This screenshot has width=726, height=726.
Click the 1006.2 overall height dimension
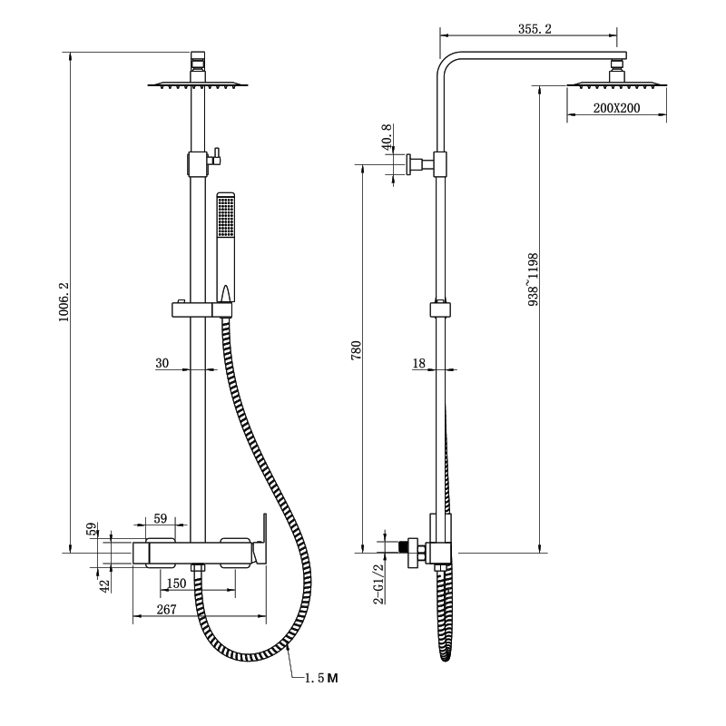[64, 301]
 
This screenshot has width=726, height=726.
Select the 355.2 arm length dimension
[535, 29]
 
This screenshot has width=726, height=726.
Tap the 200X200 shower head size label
[617, 108]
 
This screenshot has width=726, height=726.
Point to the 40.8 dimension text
[388, 137]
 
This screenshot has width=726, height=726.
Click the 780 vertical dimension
[356, 350]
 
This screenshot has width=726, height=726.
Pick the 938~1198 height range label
[534, 280]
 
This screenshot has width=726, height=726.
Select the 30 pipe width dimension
[162, 363]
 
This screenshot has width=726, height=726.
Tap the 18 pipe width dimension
[418, 363]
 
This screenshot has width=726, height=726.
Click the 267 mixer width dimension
[166, 609]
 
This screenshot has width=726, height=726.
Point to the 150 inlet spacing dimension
[176, 584]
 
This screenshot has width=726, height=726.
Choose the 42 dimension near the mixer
[104, 585]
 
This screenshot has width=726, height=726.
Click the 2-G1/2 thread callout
[378, 584]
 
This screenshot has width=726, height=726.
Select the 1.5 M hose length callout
[321, 678]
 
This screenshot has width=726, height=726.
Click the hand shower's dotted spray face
[226, 217]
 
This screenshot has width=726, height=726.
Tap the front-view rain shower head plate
[198, 84]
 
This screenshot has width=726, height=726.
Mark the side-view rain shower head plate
[617, 84]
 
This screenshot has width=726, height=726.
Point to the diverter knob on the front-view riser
[215, 156]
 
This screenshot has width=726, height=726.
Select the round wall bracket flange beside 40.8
[409, 164]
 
